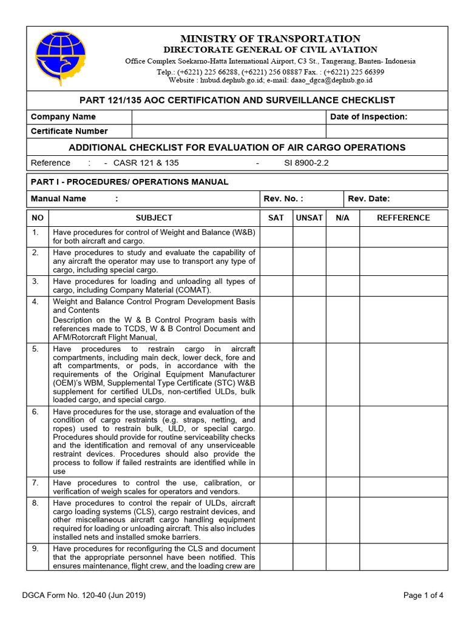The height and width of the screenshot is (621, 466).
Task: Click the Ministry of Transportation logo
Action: pyautogui.click(x=61, y=58)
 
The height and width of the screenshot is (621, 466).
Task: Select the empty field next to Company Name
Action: pyautogui.click(x=229, y=116)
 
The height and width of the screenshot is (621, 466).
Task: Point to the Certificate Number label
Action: pyautogui.click(x=69, y=131)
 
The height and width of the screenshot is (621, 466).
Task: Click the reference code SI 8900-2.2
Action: pyautogui.click(x=306, y=163)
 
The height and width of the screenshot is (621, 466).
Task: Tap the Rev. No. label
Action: pyautogui.click(x=283, y=198)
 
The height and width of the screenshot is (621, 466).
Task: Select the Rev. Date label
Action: pyautogui.click(x=369, y=198)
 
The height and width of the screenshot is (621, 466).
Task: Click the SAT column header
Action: pyautogui.click(x=275, y=218)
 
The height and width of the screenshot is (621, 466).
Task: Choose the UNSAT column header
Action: pyautogui.click(x=309, y=218)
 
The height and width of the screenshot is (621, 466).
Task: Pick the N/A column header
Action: pyautogui.click(x=342, y=218)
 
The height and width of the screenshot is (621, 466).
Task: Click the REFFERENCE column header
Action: pyautogui.click(x=404, y=218)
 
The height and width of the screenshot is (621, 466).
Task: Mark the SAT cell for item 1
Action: pyautogui.click(x=275, y=236)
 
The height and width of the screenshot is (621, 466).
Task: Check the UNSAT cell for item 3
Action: pyautogui.click(x=309, y=285)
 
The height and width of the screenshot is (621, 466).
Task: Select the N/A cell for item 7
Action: pyautogui.click(x=342, y=487)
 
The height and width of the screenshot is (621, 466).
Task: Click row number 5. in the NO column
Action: pyautogui.click(x=36, y=349)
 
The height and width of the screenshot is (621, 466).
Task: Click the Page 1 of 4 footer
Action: pyautogui.click(x=424, y=596)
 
